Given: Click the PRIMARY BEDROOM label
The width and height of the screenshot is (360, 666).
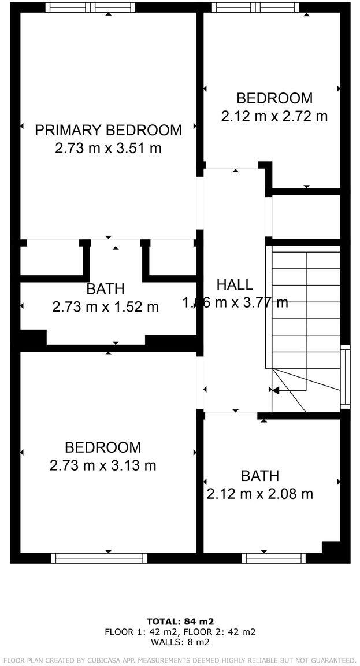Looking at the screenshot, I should (108, 130).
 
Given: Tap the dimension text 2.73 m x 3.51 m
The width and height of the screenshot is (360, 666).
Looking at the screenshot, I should (108, 149).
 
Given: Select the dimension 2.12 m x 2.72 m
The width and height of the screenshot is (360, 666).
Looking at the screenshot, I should (274, 116).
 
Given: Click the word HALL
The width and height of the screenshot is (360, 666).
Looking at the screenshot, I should (235, 284).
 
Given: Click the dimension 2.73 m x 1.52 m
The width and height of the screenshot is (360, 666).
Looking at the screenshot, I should (105, 307).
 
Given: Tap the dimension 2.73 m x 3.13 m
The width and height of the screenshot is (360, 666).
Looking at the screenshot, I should (103, 465).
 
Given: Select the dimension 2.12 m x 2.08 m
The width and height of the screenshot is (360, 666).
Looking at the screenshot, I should (260, 494).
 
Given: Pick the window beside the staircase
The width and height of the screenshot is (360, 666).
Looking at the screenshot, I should (345, 376).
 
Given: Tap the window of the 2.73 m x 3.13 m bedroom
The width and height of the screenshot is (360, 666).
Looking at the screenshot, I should (99, 558).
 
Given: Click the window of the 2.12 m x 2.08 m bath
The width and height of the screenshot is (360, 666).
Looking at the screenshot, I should (273, 558).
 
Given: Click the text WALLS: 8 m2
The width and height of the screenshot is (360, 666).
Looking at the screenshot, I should (180, 642).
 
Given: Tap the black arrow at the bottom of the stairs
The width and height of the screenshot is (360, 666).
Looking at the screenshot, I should (275, 391).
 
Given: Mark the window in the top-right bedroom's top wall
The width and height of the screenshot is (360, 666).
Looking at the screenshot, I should (255, 8).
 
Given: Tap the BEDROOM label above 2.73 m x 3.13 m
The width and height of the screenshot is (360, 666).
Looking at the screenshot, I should (103, 447).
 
